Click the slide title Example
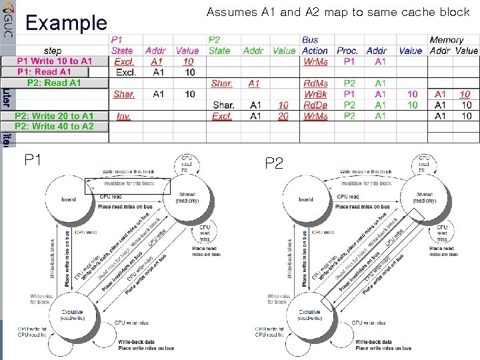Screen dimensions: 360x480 [66, 24]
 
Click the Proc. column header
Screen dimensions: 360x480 [347, 51]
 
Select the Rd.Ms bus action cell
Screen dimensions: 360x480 [315, 83]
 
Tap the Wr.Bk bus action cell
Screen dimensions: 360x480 [315, 94]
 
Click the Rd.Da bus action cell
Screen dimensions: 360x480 [315, 105]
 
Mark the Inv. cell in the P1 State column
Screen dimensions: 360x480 [123, 116]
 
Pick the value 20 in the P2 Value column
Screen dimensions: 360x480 [283, 116]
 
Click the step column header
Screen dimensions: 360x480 [53, 51]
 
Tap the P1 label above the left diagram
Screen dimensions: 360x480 [33, 160]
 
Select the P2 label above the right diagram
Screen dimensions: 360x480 [274, 162]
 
